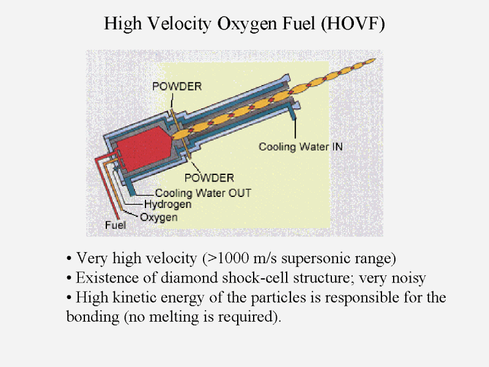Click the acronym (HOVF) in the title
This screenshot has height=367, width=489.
(353, 24)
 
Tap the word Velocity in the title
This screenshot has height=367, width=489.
(178, 24)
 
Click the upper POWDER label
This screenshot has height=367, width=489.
(177, 86)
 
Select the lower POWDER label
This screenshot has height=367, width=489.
(209, 178)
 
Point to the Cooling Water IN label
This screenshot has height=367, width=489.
(301, 147)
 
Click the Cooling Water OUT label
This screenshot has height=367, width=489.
(203, 193)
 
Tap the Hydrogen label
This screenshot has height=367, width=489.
(167, 204)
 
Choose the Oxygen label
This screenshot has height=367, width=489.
(159, 217)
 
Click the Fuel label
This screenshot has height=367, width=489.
(116, 225)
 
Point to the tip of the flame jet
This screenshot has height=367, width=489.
(375, 59)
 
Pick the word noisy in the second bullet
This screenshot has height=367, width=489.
(408, 278)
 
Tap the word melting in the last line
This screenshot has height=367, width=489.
(174, 317)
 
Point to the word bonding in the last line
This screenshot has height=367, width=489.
(93, 317)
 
